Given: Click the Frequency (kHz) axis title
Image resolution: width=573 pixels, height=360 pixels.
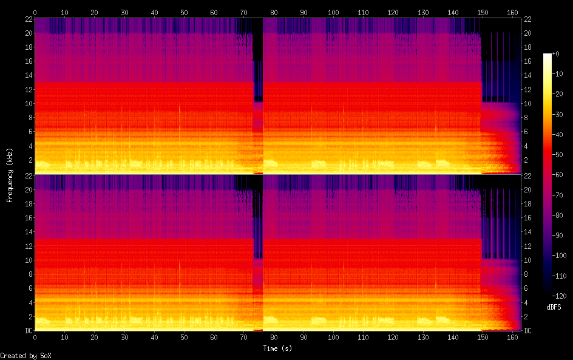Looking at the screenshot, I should point(10,175).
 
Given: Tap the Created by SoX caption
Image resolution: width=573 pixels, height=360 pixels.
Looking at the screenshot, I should point(21,356).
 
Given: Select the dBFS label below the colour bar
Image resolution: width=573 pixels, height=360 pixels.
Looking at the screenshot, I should point(554,307).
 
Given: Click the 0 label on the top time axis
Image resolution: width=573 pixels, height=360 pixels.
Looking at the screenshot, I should point(35,12).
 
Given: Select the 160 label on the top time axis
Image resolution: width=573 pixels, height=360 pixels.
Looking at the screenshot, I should point(511,12).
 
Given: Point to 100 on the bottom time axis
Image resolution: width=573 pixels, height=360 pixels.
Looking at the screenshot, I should point(333,337).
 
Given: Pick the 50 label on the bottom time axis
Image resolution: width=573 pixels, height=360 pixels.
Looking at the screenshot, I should point(183,337).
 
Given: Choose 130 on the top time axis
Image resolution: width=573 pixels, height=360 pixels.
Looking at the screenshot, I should point(422,12).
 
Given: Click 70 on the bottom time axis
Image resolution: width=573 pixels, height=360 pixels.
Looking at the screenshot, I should point(243,337).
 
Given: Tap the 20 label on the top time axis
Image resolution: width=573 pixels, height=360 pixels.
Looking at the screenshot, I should point(94,12).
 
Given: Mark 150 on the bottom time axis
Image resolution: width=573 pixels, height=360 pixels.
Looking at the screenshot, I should point(481,337).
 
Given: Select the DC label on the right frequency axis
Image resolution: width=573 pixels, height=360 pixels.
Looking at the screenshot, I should point(528,331).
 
